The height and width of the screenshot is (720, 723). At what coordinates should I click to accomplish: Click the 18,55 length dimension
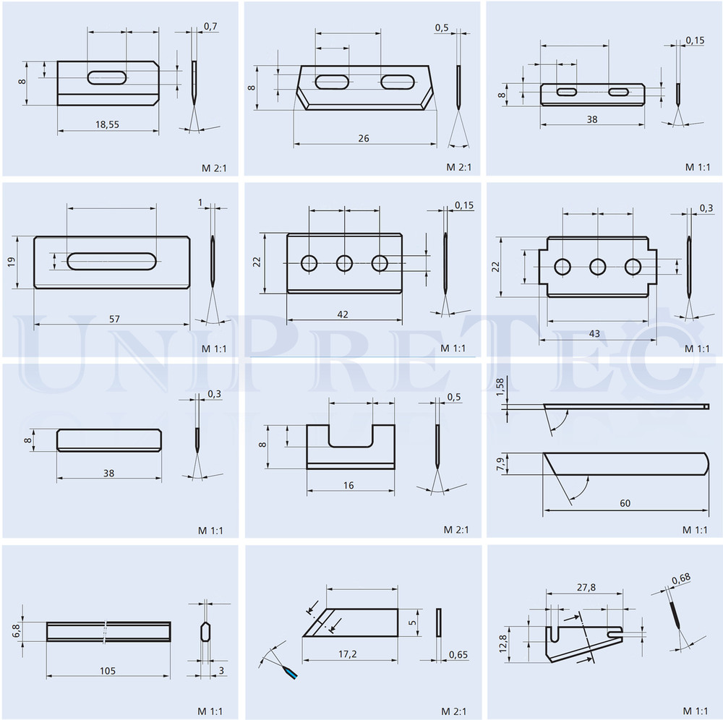[x=107, y=124]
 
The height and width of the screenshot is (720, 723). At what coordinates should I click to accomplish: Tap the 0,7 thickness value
[x=210, y=27]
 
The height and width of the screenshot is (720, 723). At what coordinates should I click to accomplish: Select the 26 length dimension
[x=364, y=138]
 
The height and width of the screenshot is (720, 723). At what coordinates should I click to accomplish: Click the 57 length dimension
[x=114, y=319]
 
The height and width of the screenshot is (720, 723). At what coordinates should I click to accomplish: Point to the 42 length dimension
[x=343, y=314]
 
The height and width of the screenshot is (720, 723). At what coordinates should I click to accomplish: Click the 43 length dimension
[x=594, y=333]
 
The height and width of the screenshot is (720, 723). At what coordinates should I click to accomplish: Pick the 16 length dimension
[x=348, y=485]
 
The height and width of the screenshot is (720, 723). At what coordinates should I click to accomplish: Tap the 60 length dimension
[x=625, y=503]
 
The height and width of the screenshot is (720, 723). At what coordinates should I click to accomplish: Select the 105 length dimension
[x=108, y=671]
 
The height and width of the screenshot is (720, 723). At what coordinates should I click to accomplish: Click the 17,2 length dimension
[x=347, y=654]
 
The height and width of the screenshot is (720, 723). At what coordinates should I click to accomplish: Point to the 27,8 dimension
[x=586, y=588]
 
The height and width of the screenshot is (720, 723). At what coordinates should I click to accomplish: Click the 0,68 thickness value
[x=681, y=580]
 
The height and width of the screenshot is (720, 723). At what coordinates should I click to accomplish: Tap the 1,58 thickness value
[x=500, y=387]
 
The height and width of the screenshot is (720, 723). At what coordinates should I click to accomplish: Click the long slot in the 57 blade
[x=111, y=261]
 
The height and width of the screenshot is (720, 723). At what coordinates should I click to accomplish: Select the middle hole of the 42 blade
[x=344, y=264]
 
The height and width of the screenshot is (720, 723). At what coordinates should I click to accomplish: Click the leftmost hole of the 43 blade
[x=562, y=267]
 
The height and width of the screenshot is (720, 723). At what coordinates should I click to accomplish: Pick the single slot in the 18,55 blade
[x=107, y=77]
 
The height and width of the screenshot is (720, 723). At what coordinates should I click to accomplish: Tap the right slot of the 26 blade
[x=398, y=82]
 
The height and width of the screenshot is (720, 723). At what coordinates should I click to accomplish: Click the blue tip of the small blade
[x=291, y=674]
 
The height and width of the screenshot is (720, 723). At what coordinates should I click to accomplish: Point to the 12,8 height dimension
[x=502, y=643]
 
